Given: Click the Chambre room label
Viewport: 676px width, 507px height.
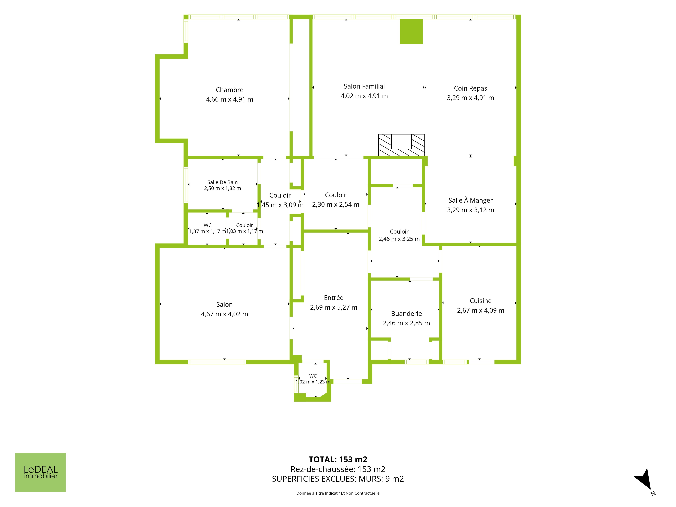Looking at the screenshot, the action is point(230,90).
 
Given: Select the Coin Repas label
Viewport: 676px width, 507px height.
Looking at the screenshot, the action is point(470,88).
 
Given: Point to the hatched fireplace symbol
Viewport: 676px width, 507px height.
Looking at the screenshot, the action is point(401,145).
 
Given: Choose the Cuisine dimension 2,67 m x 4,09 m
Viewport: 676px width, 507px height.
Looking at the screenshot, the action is point(480,310).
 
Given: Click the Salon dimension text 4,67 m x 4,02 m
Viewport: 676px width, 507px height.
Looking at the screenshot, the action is point(224,314).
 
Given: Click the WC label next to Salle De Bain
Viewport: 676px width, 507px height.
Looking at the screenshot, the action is point(208,225).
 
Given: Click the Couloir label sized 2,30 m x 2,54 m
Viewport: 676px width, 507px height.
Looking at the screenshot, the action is point(336,195).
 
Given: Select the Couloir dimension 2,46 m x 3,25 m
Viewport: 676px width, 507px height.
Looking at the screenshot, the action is point(399,239).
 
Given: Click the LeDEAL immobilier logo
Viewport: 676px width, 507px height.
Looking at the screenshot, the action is point(40,472).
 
